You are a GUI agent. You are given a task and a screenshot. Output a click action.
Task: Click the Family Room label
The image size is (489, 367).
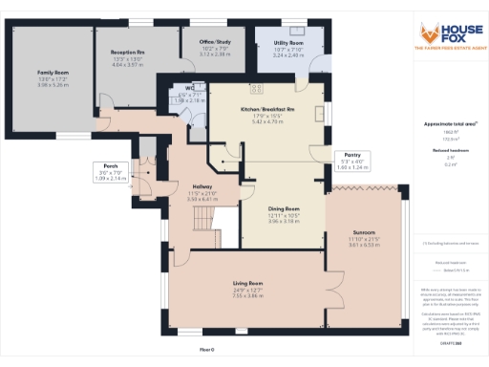[x=53, y=72]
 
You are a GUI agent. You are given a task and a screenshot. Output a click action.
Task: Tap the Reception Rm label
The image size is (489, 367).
[x=127, y=54]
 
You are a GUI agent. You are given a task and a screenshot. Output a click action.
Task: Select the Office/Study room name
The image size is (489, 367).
[x=216, y=43]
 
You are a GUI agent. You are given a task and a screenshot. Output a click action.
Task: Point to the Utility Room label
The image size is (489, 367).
[x=288, y=44]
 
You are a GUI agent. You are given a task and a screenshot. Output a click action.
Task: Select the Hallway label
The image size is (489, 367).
[x=202, y=186]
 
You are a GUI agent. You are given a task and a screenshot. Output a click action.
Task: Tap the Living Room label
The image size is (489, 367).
[x=248, y=284]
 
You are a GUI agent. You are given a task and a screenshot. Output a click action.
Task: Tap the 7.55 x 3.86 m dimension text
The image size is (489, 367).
[x=248, y=296]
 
